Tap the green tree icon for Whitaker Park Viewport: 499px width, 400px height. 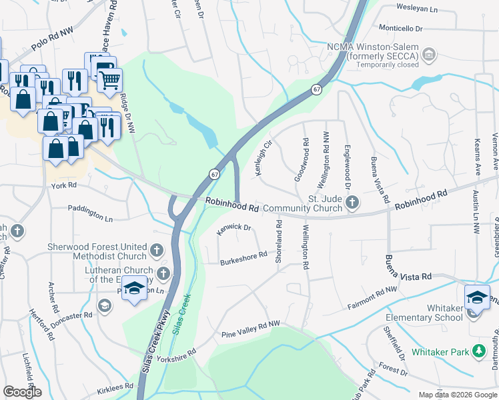coord(478,351)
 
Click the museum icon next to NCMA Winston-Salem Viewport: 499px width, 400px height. coord(429,53)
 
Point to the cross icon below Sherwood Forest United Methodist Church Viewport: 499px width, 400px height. coord(156,251)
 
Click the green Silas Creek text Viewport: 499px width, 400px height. coord(181,313)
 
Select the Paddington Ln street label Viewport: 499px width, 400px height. coord(90,213)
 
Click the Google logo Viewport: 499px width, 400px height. coord(23,392)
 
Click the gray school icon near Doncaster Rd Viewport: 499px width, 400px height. coord(103,305)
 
